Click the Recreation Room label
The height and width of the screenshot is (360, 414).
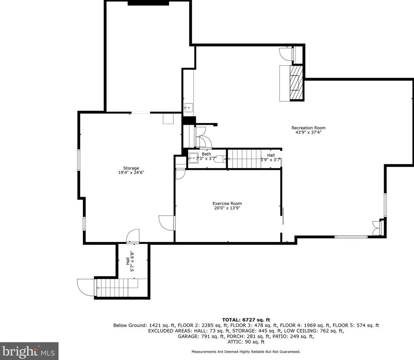309,128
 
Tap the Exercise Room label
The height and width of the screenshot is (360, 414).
227,204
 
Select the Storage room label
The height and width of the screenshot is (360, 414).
131,168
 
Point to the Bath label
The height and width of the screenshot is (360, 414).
206,154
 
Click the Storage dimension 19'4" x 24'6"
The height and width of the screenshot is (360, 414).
131,173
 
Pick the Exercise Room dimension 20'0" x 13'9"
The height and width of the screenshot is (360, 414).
227,208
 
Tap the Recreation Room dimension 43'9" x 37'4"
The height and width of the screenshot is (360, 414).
309,133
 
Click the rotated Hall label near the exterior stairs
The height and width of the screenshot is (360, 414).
128,261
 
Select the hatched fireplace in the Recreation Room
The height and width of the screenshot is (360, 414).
297,83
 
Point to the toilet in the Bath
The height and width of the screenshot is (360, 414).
221,159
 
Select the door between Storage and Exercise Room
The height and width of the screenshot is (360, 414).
167,223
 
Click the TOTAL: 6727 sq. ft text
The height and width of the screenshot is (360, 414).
246,320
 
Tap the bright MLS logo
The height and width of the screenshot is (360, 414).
29,351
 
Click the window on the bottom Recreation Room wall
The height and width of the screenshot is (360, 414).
351,237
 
